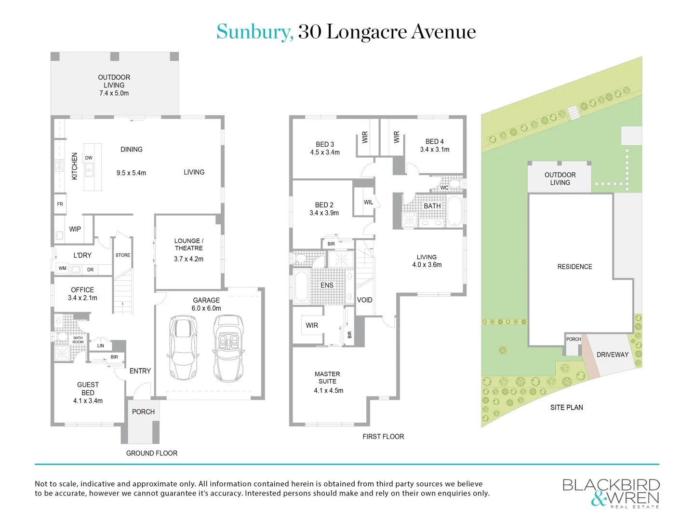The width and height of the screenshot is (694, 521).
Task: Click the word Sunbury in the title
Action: click(254, 32)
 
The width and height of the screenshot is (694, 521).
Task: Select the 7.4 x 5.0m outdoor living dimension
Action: click(114, 93)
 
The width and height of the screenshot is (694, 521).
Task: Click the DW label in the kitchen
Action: click(89, 158)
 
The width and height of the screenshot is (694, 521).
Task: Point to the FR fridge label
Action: click(60, 204)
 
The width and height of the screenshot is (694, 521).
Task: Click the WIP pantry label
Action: click(75, 229)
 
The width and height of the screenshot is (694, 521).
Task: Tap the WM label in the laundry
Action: click(63, 268)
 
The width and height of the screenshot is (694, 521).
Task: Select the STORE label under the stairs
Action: click(123, 255)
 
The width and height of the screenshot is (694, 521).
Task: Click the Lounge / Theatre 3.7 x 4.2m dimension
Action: click(188, 259)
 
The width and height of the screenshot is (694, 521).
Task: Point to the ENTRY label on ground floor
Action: click(140, 371)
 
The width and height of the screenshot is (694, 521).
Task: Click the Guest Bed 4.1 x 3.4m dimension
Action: click(88, 401)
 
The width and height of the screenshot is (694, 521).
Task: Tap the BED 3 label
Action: click(325, 144)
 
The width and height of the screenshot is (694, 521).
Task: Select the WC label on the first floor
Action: click(444, 188)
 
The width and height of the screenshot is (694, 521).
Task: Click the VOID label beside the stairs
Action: click(365, 300)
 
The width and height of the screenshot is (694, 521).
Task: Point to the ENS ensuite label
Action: click(327, 285)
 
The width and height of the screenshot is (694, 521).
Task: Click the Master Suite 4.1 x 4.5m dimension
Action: click(329, 391)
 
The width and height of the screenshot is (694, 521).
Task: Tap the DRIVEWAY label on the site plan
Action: click(613, 355)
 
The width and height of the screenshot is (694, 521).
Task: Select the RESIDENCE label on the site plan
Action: click(574, 267)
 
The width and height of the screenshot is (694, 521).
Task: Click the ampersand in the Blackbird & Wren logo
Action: click(599, 499)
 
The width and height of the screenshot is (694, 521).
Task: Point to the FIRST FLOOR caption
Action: click(383, 437)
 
